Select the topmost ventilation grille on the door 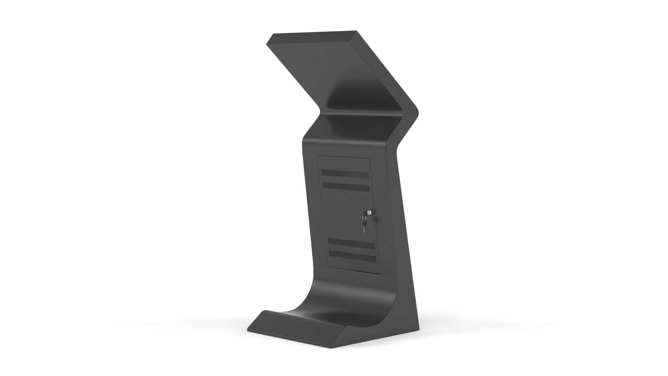tap(344, 174)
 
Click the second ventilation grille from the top tap(346, 187)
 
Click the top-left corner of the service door tap(318, 156)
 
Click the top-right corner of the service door tap(369, 158)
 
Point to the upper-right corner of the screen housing tap(357, 31)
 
